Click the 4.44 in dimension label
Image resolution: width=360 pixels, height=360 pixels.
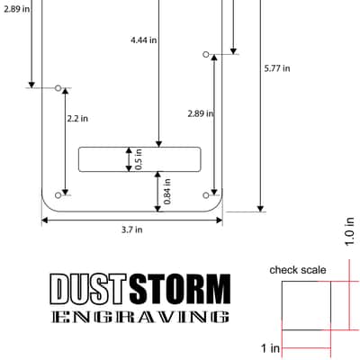[x=144, y=40]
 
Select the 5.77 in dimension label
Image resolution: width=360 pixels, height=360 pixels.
[x=277, y=68]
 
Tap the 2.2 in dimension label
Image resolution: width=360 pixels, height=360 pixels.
[x=77, y=119]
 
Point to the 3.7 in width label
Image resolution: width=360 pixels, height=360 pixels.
[x=131, y=229]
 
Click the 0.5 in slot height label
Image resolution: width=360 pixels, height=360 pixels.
[x=139, y=159]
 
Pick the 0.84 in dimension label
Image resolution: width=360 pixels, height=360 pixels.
[x=167, y=192]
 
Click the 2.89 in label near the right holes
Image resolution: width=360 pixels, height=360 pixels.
[x=201, y=113]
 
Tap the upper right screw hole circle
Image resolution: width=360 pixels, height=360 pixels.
[x=206, y=54]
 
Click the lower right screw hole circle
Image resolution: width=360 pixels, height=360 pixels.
[x=206, y=195]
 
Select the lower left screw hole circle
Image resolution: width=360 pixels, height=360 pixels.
[x=58, y=195]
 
